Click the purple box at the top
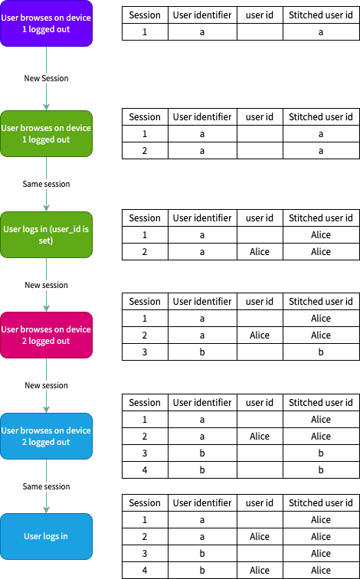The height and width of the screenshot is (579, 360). click(46, 23)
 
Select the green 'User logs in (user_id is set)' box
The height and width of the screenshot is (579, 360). click(46, 234)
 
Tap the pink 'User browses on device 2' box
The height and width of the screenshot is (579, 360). click(46, 335)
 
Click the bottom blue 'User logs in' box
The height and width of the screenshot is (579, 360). click(46, 536)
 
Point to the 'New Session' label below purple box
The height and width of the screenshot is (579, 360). click(46, 79)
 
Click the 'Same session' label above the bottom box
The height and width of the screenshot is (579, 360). click(46, 486)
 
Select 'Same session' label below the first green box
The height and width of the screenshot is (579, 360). click(46, 184)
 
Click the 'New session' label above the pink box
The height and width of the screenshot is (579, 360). click(46, 285)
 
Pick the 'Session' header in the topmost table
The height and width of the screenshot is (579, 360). click(145, 15)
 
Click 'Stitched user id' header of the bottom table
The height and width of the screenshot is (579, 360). click(320, 503)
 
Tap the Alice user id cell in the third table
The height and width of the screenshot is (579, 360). click(260, 251)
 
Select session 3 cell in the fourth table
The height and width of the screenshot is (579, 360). click(145, 352)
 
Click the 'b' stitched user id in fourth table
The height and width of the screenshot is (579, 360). click(320, 352)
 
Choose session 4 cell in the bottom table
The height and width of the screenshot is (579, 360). click(145, 570)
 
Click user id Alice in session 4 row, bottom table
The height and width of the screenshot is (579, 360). click(260, 570)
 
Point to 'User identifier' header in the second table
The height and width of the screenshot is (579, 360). click(202, 117)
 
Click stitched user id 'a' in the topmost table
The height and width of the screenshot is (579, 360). click(320, 32)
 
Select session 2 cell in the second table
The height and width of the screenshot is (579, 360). click(145, 151)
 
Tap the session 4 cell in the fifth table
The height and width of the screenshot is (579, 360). click(145, 469)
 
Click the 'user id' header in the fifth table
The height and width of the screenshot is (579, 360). click(260, 402)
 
